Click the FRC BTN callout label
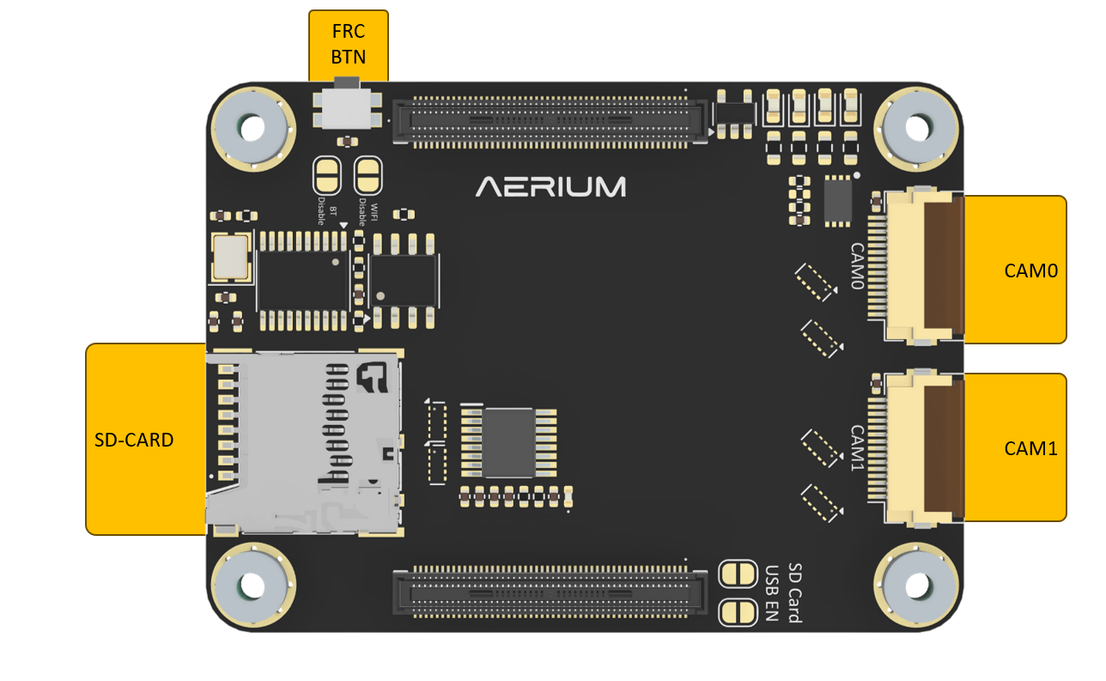(x=348, y=45)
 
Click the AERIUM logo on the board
(x=551, y=186)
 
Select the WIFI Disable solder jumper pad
(x=368, y=176)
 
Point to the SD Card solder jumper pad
(x=735, y=573)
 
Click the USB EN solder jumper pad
(x=735, y=611)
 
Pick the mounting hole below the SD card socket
(x=252, y=586)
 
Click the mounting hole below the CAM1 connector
(x=916, y=586)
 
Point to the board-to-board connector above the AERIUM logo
(x=552, y=121)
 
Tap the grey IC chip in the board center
(x=510, y=441)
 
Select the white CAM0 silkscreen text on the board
(x=856, y=266)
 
